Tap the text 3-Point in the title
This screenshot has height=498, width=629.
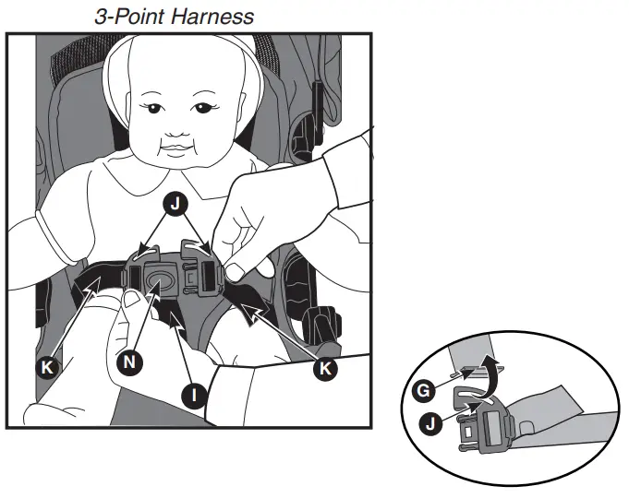tap(127, 16)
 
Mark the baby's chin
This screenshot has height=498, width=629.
tap(175, 162)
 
